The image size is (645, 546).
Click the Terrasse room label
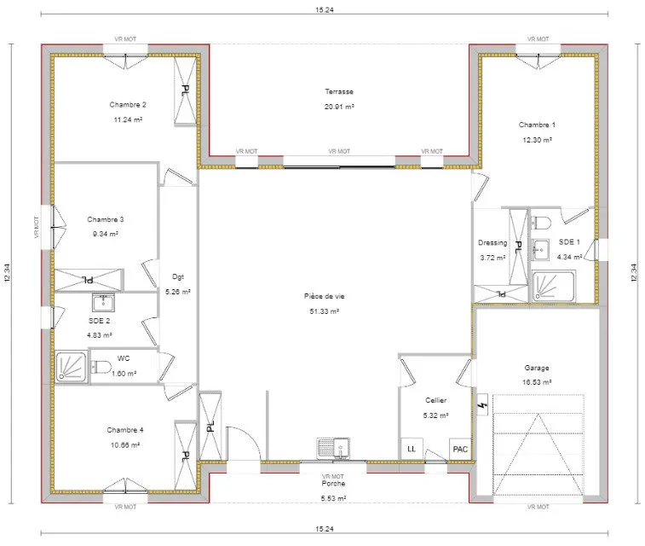[x=339, y=91]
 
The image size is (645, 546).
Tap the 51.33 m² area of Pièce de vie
[x=324, y=311]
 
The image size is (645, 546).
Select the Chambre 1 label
[x=537, y=125]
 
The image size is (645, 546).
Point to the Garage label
[x=537, y=368]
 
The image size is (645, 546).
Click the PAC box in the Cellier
[x=460, y=449]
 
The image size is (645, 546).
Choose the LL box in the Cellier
[x=412, y=449]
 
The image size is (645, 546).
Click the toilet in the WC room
[x=101, y=367]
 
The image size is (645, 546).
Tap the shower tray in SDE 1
[x=554, y=286]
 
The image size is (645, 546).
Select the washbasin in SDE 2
[x=103, y=303]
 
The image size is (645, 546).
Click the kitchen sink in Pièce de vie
[x=333, y=448]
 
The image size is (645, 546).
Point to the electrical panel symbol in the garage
[x=482, y=404]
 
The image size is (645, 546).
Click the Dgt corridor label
[x=178, y=276]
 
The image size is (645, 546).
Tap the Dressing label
[x=492, y=242]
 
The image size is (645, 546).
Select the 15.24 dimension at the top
[x=324, y=9]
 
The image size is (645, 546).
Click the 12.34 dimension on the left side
[x=7, y=273]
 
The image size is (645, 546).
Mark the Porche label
[x=333, y=484]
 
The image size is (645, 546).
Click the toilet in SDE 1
[x=541, y=223]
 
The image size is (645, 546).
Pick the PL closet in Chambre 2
[x=185, y=90]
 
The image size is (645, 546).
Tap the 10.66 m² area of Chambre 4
[x=125, y=444]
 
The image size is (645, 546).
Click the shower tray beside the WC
[x=72, y=367]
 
